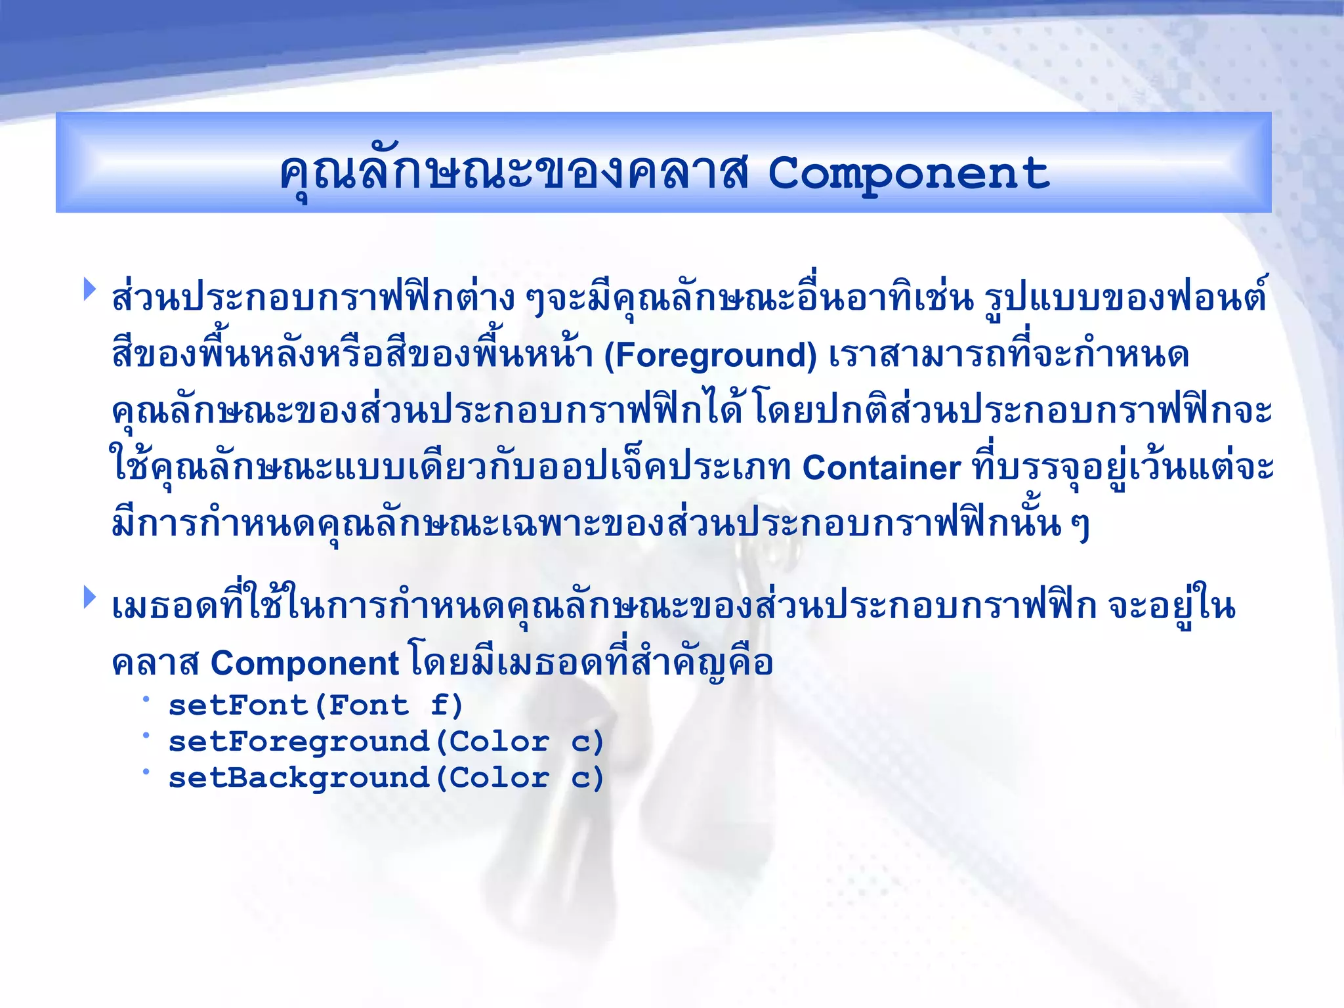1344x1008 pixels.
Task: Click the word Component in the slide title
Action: tap(908, 175)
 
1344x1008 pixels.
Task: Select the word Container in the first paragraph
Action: tap(881, 469)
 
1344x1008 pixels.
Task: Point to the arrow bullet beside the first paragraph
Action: tap(90, 289)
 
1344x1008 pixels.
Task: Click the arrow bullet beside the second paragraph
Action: tap(90, 597)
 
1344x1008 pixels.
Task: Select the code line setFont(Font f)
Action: tap(316, 706)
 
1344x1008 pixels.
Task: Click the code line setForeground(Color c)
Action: tap(386, 742)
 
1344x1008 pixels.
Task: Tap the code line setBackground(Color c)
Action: tap(386, 778)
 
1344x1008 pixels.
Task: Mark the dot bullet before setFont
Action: tap(146, 699)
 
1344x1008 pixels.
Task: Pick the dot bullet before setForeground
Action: tap(146, 735)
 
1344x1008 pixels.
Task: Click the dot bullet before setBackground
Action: tap(146, 771)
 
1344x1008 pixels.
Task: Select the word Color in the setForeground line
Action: tap(499, 742)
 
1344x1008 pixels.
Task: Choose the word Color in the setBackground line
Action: tap(499, 778)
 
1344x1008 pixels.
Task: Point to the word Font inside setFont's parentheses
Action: tap(368, 706)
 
